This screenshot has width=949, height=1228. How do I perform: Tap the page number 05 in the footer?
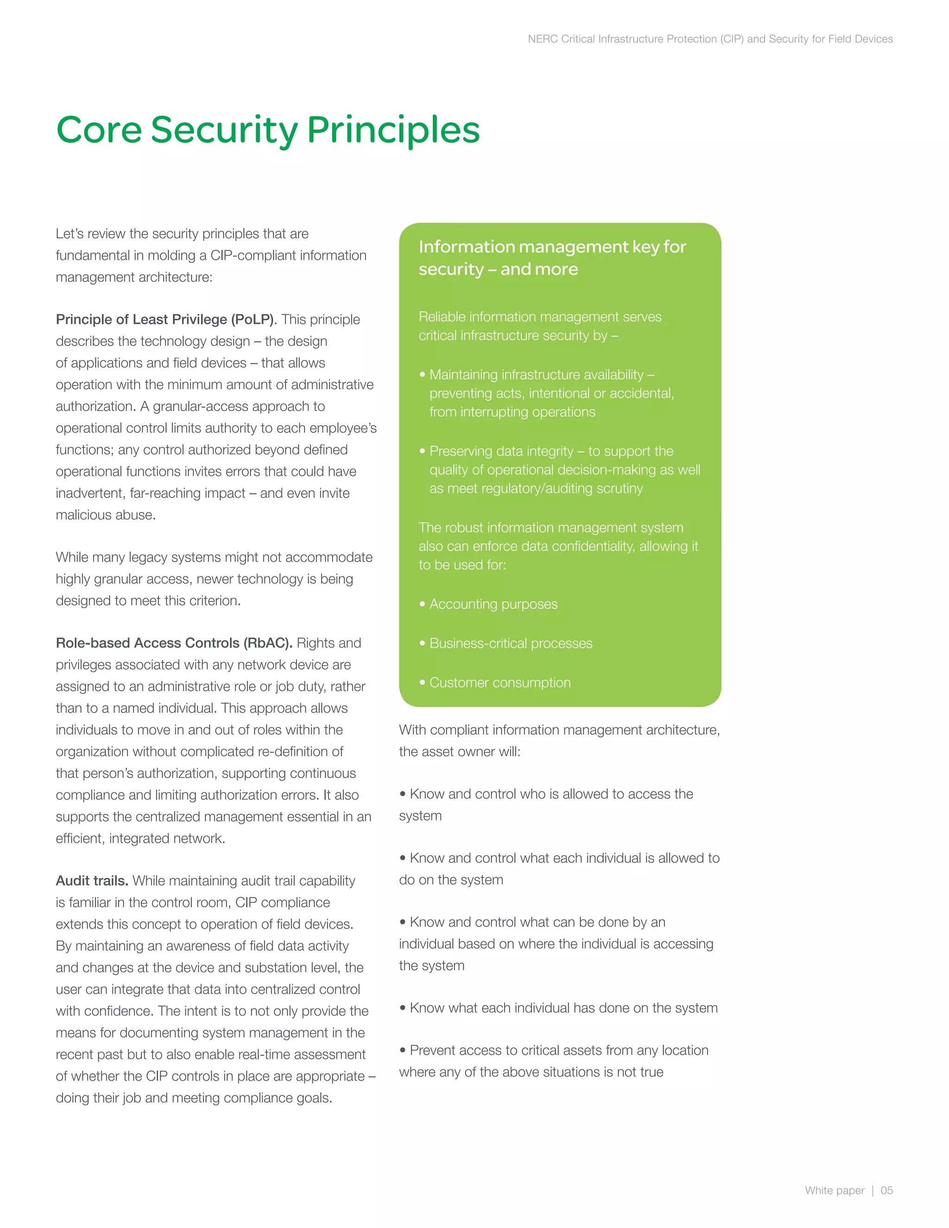(886, 1190)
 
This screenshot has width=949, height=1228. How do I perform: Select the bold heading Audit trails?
(92, 880)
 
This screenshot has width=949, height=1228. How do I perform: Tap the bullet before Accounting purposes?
(422, 604)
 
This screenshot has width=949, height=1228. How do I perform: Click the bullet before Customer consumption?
(422, 683)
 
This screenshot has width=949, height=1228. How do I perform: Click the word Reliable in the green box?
(442, 316)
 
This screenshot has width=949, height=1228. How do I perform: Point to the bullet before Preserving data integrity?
(422, 451)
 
